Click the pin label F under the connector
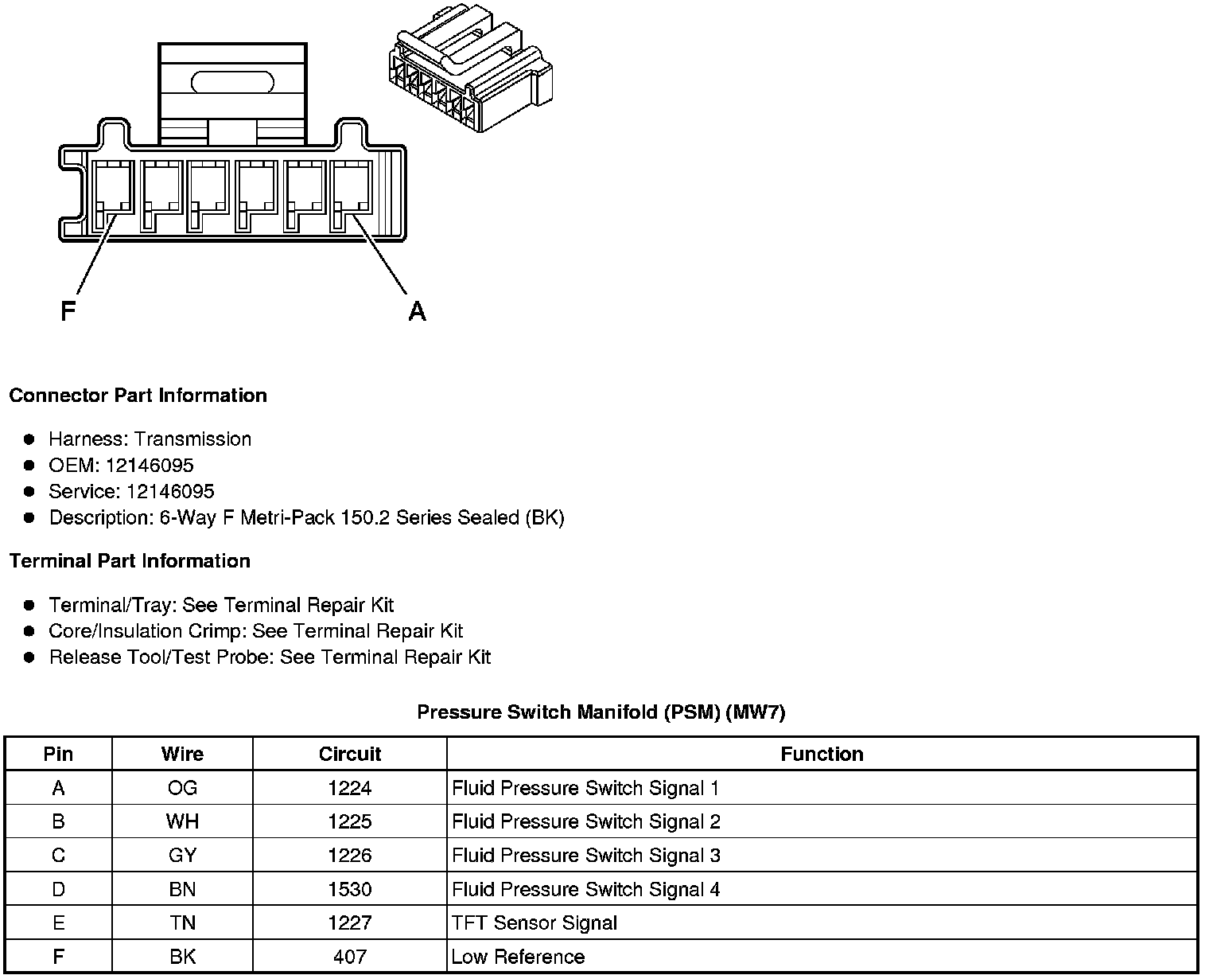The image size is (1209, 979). click(68, 310)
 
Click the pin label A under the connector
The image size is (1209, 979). click(418, 310)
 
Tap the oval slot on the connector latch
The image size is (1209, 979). click(232, 82)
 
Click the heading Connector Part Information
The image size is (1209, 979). click(138, 396)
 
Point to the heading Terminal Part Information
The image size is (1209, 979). click(130, 561)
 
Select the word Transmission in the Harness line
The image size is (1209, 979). click(192, 439)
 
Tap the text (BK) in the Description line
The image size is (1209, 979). click(545, 518)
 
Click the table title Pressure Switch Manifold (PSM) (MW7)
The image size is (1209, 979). click(601, 712)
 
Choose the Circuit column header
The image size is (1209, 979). click(350, 755)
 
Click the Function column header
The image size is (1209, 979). click(822, 755)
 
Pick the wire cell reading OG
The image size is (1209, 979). click(182, 788)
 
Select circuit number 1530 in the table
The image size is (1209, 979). click(350, 889)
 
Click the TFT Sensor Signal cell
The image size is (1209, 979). click(535, 923)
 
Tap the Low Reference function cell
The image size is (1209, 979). click(518, 957)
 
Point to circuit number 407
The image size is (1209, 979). click(350, 957)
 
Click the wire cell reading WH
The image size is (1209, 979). click(182, 821)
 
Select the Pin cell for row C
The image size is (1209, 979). click(58, 856)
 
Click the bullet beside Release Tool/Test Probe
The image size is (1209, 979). click(29, 657)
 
